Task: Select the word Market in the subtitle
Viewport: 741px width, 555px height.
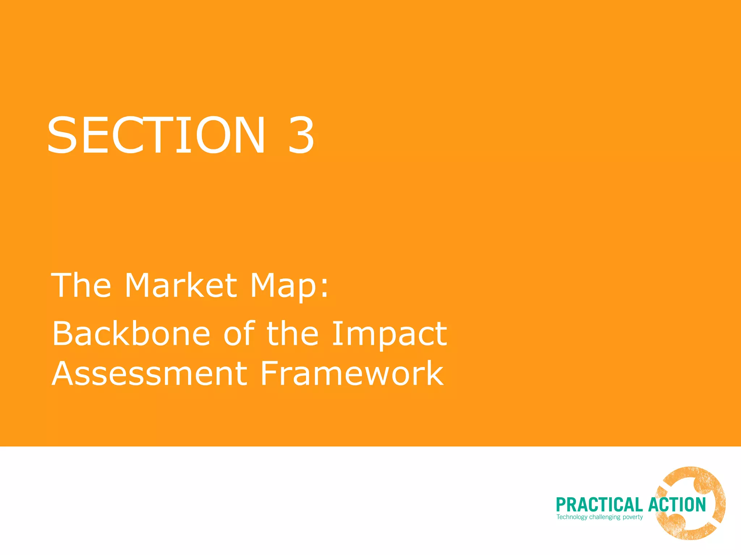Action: click(x=181, y=285)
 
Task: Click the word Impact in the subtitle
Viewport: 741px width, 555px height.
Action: click(x=389, y=335)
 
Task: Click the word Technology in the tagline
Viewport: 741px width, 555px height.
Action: click(x=572, y=517)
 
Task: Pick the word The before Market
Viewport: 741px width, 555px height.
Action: click(x=81, y=285)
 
